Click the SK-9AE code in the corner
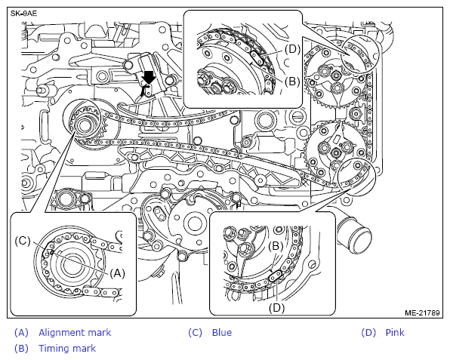click(x=24, y=14)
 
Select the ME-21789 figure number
click(x=422, y=312)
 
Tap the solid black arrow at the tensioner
click(x=149, y=78)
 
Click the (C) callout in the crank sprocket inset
click(x=23, y=241)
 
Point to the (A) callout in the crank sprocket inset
click(x=117, y=273)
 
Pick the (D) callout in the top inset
click(x=292, y=49)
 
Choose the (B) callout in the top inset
click(x=292, y=82)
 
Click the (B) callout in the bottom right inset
click(x=276, y=246)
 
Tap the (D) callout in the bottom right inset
click(x=276, y=308)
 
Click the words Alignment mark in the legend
click(x=75, y=333)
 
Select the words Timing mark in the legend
click(x=67, y=348)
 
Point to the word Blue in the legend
click(x=222, y=333)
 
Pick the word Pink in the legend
click(x=395, y=333)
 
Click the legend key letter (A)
click(x=22, y=333)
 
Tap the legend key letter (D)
click(x=368, y=333)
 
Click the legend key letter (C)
click(x=195, y=333)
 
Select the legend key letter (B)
click(x=22, y=349)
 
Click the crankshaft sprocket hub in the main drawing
click(x=85, y=125)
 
